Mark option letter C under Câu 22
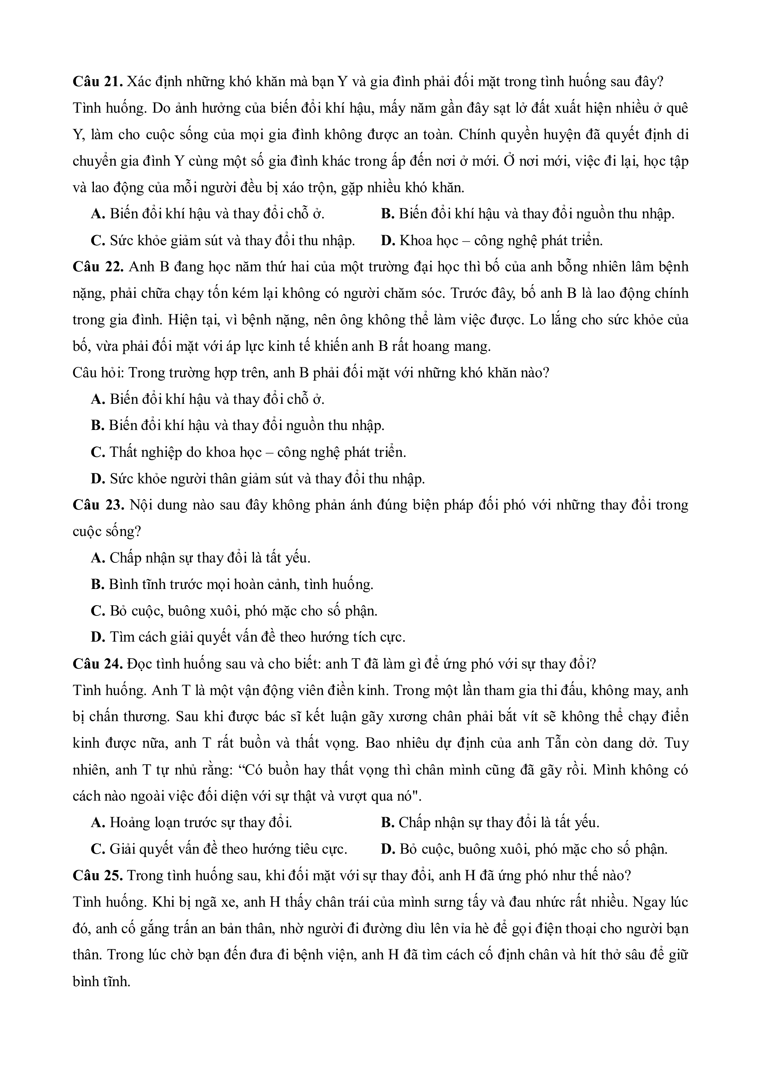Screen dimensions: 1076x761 97,453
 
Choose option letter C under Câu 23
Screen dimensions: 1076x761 97,611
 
